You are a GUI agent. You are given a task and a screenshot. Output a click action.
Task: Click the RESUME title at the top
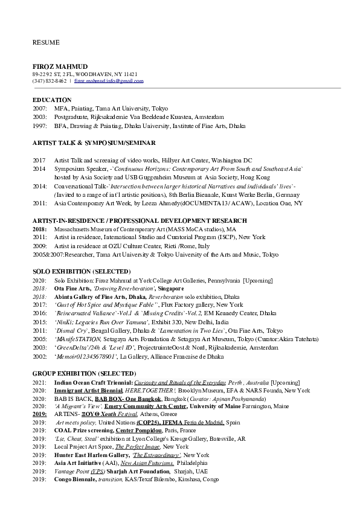coord(46,42)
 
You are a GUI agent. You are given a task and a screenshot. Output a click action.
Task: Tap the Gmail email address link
coord(109,80)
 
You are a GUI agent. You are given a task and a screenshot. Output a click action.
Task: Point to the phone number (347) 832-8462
coord(50,80)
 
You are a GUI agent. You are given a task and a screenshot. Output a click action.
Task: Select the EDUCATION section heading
coord(52,99)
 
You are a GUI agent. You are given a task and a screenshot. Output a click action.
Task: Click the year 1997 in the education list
coord(39,125)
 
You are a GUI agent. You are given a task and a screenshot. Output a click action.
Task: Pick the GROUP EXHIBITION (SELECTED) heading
coord(84,374)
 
